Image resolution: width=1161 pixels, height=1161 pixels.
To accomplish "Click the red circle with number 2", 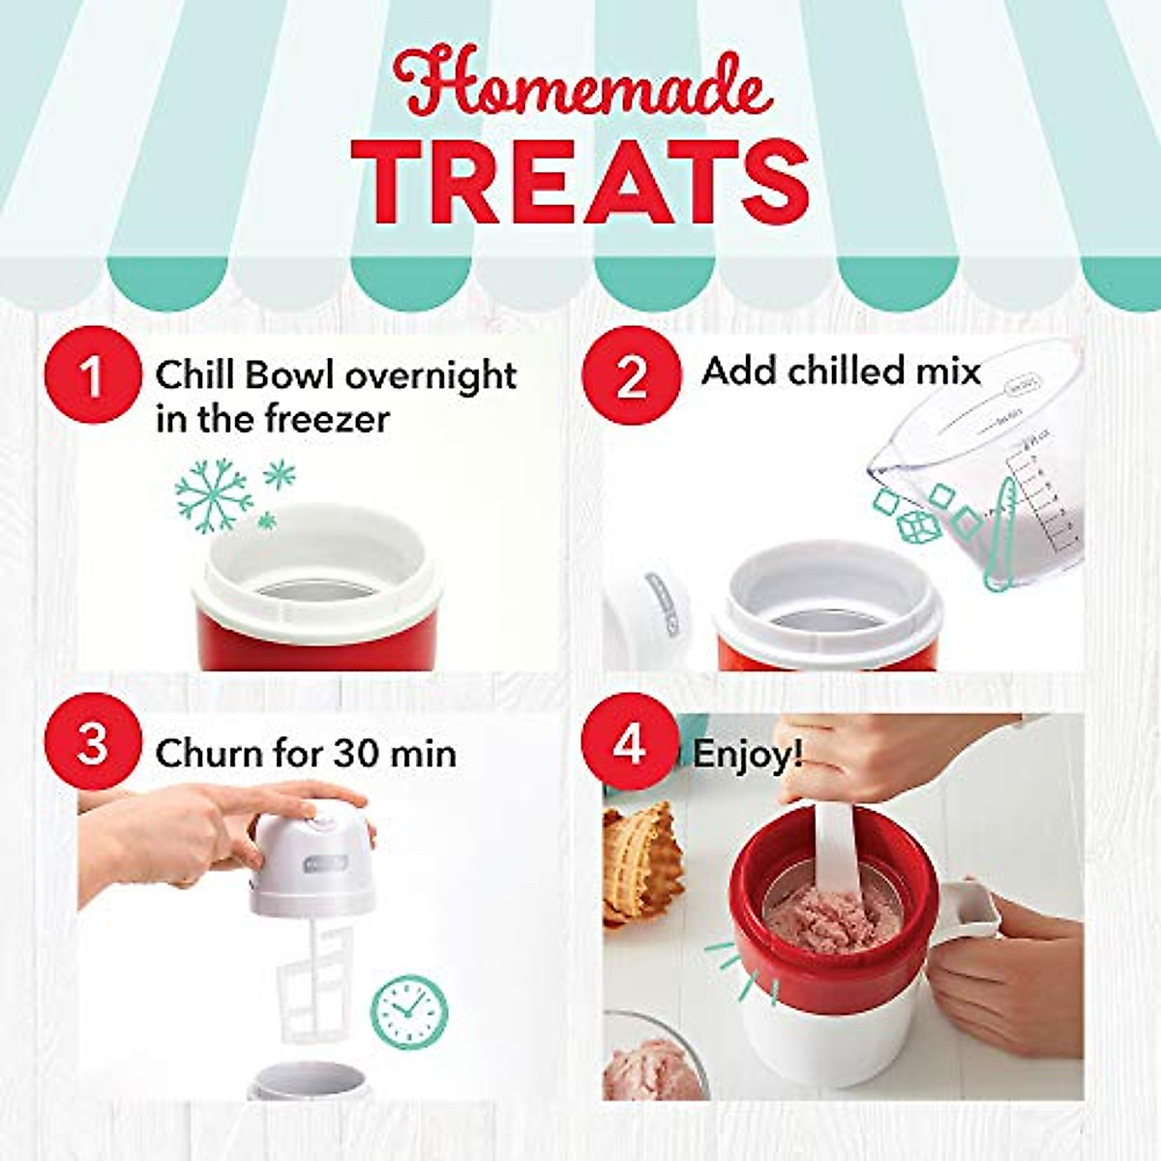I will coord(631,376).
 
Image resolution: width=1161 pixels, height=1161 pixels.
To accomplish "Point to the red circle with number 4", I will coord(629,746).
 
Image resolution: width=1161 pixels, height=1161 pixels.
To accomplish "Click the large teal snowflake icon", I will coord(214,493).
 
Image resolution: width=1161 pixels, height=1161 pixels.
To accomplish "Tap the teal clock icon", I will coord(409,1010).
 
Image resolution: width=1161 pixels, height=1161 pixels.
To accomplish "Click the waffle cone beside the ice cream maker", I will coord(641,861).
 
